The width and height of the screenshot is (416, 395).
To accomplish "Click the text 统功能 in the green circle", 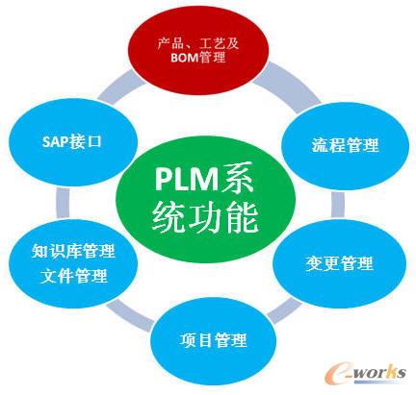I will [x=206, y=219].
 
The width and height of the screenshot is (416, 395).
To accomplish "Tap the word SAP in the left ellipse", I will [x=55, y=140].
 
